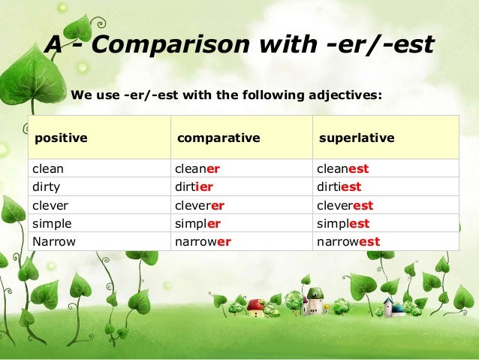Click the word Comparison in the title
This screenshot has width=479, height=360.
[170, 44]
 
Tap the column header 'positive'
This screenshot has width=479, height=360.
[61, 138]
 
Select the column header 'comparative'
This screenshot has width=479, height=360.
[218, 138]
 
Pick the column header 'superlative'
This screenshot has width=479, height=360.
[357, 138]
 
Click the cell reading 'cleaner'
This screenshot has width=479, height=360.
[197, 168]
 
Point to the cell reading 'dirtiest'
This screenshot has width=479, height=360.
[339, 186]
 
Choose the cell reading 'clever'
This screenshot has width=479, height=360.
[50, 205]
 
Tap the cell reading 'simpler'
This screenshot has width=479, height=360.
[197, 223]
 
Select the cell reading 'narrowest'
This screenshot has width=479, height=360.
[348, 242]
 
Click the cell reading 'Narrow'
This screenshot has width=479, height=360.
[54, 241]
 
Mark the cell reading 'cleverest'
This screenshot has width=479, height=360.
[345, 205]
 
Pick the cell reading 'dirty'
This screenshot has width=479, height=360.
[46, 187]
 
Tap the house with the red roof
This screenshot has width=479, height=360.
[256, 308]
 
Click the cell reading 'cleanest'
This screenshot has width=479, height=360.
[343, 168]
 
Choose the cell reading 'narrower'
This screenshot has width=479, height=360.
[203, 242]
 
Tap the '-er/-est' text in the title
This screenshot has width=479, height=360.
[380, 44]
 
